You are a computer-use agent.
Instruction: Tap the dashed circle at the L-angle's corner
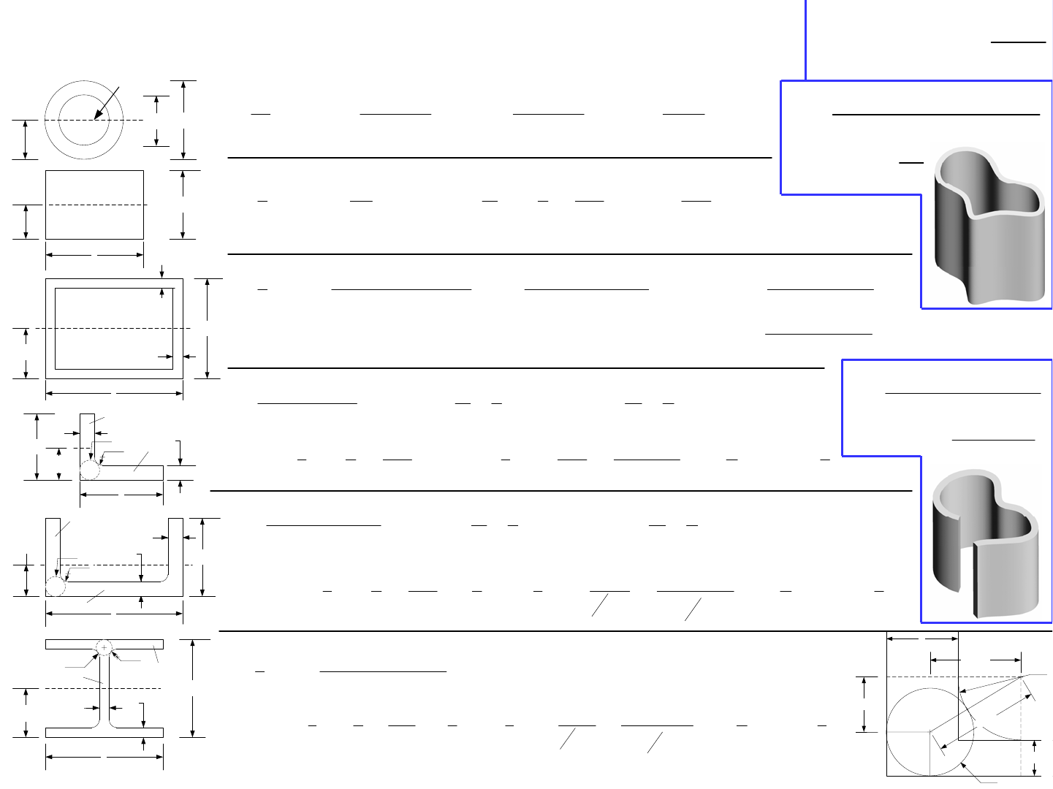(90, 470)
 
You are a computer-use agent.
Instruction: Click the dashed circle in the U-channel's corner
(56, 586)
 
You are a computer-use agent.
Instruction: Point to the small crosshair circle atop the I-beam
(104, 647)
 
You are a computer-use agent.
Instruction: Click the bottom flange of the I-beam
(104, 732)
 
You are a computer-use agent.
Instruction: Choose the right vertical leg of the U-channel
(175, 548)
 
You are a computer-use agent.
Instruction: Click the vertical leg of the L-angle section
(87, 435)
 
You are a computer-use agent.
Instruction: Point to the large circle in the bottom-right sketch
(930, 731)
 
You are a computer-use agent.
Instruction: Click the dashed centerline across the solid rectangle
(95, 205)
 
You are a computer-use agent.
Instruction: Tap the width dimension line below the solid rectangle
(94, 255)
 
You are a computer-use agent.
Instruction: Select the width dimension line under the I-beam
(104, 757)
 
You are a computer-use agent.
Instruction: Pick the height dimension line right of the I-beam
(192, 688)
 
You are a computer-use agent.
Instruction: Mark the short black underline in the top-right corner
(1018, 42)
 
